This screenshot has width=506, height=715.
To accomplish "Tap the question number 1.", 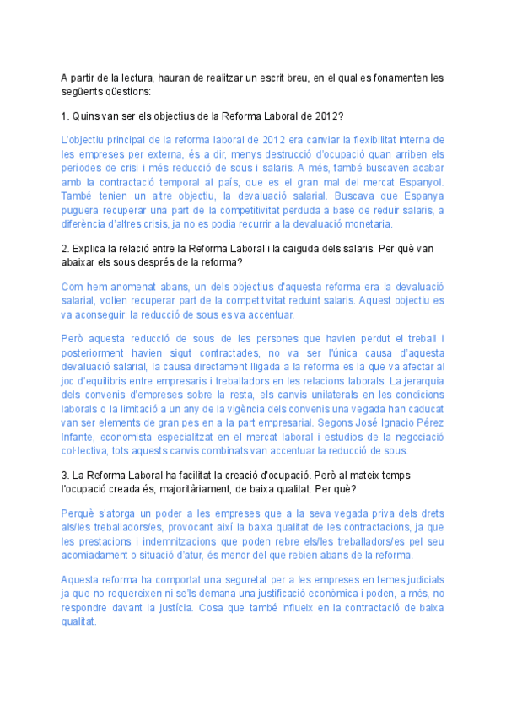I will pos(64,116).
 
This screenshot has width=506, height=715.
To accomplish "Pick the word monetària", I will pos(381,224).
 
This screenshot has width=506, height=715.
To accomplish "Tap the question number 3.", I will pos(64,476).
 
